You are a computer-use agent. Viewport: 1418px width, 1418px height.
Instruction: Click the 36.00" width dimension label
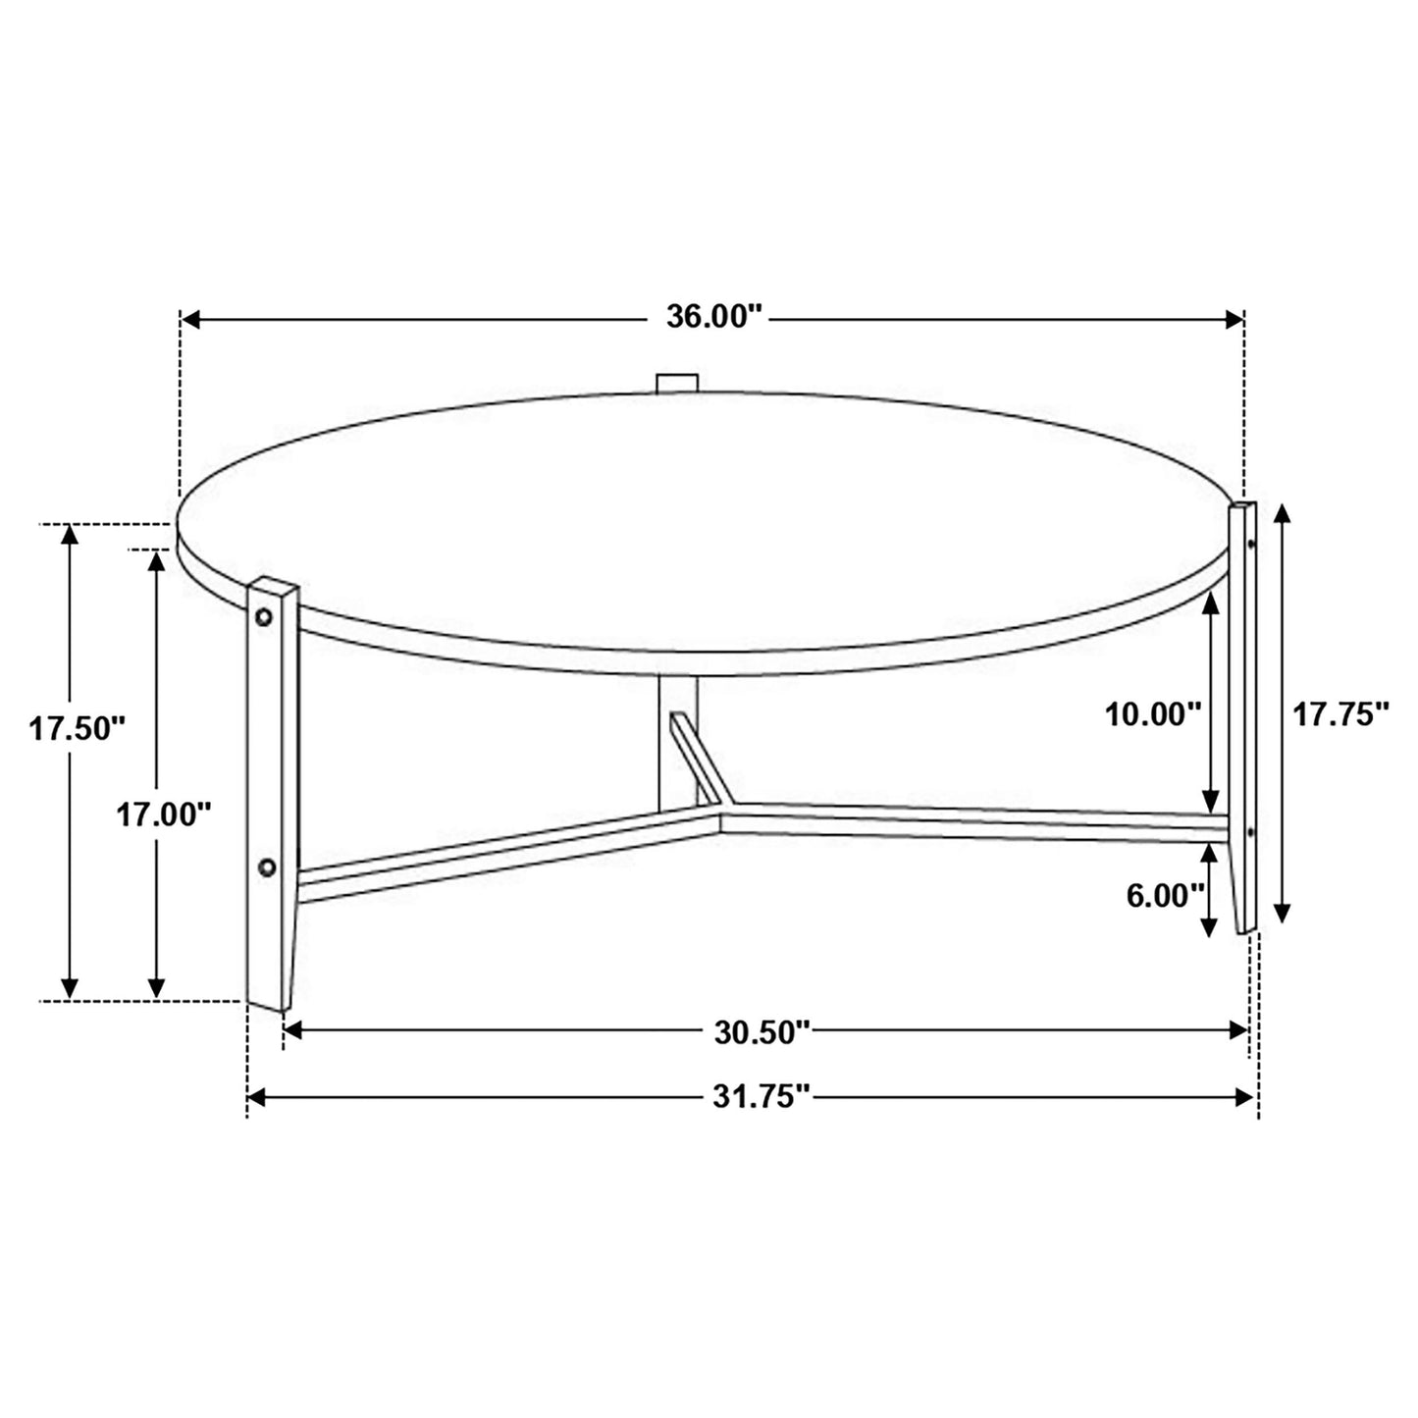[713, 318]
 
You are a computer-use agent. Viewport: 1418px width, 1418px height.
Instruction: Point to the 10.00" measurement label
[1153, 713]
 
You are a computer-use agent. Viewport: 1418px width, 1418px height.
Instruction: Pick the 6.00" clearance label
[1165, 896]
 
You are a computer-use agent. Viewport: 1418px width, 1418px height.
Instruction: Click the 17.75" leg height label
[1340, 714]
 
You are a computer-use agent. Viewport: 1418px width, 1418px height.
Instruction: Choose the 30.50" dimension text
[762, 1030]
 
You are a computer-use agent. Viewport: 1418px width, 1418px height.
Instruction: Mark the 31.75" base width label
[762, 1097]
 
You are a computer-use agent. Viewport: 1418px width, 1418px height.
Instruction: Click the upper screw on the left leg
[264, 616]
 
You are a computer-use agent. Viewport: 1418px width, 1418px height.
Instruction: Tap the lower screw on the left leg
[265, 867]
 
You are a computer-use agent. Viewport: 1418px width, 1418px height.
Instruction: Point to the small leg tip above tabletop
[676, 383]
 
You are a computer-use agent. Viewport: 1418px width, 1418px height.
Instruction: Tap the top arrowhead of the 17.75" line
[1282, 514]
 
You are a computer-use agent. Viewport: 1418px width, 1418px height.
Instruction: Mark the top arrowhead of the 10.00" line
[1212, 600]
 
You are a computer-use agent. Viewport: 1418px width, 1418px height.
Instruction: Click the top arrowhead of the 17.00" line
[156, 560]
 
